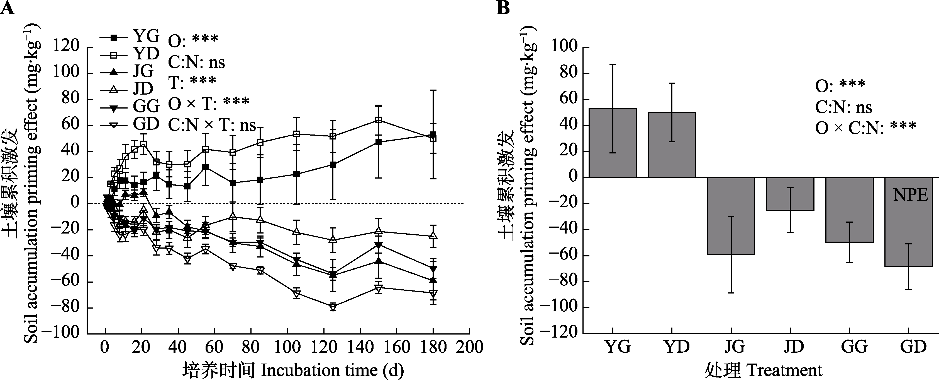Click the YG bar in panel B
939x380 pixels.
coord(613,143)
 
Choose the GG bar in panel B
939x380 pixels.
coord(849,210)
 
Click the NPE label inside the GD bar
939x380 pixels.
coord(910,195)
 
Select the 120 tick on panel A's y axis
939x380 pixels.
coord(66,47)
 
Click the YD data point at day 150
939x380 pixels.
coord(378,120)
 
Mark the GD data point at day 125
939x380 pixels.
coord(332,307)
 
